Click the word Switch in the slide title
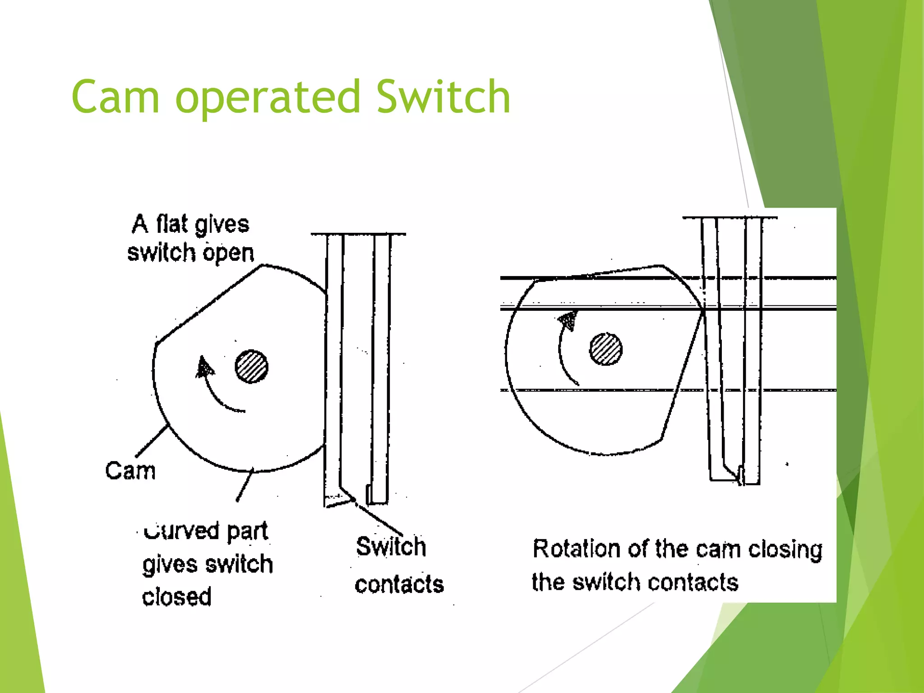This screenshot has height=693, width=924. coord(443,97)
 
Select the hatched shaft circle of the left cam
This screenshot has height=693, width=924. coord(251,366)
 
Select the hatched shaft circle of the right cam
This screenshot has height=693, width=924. coord(605,349)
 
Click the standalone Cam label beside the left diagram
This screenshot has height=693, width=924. coord(130,471)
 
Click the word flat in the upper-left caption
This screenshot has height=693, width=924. coord(171,224)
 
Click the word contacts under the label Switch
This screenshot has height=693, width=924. coord(399,584)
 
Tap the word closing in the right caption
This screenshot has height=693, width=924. coord(785,550)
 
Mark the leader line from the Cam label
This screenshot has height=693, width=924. coord(152,441)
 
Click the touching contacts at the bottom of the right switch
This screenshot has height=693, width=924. coord(740,476)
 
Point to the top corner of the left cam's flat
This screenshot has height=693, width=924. coord(262,266)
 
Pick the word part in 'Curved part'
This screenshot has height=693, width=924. coord(247,531)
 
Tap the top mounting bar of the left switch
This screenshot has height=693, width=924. coord(358,234)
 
